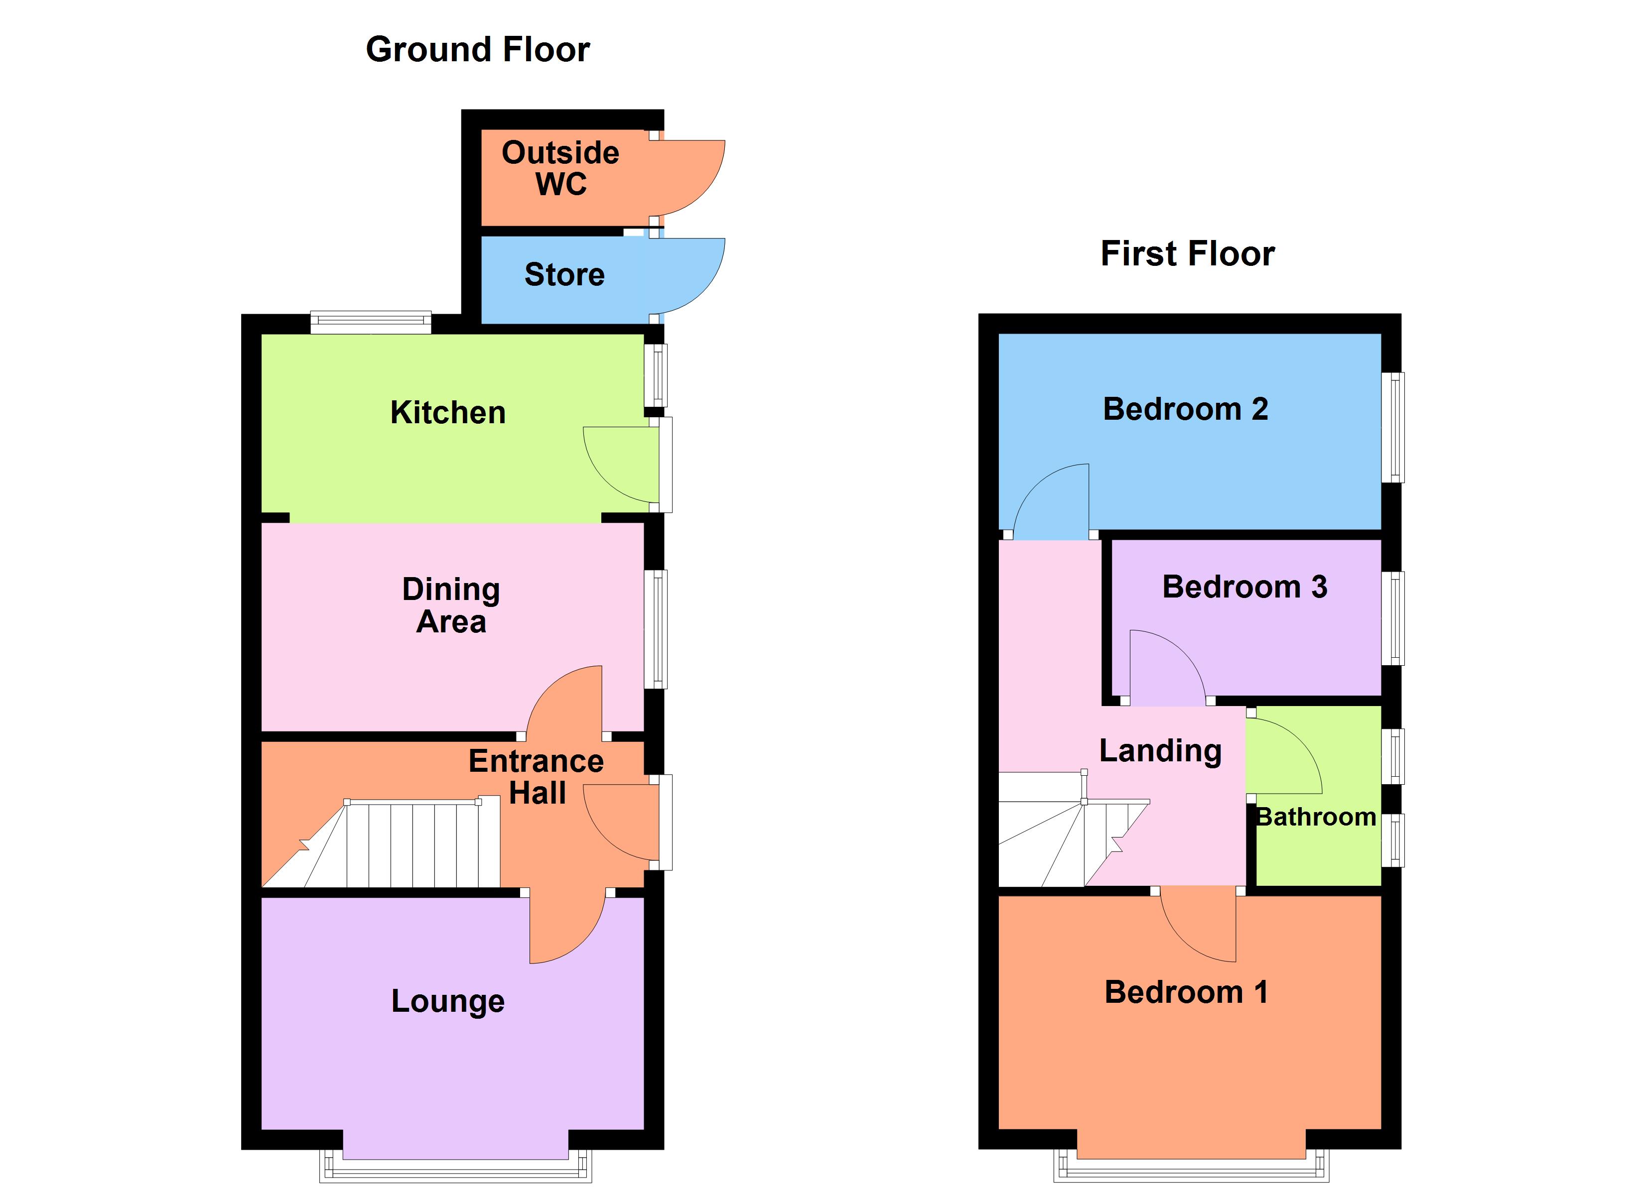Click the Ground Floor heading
coord(478,50)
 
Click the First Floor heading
coord(1187,253)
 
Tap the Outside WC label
coord(560,168)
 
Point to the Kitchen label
coord(448,412)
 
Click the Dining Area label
coord(451,605)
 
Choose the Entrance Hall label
coord(537,777)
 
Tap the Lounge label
coord(448,1001)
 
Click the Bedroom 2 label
coord(1185,409)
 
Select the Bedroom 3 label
coord(1244,587)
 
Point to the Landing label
coord(1160,751)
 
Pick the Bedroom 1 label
coord(1186,992)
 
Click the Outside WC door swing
coord(692,178)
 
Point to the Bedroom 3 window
coord(1392,618)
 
